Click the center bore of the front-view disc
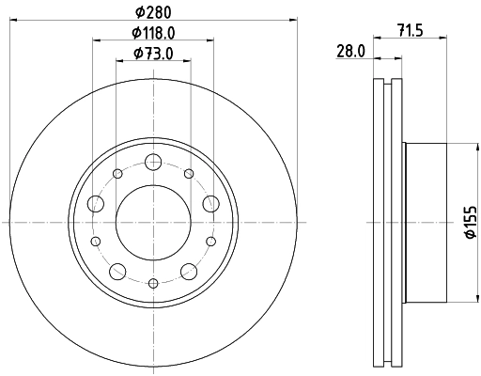pos(151,222)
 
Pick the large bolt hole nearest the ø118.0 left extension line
pos(94,204)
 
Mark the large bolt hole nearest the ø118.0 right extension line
pos(209,204)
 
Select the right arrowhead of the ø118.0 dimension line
pos(207,41)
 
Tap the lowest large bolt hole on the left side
pos(116,271)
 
